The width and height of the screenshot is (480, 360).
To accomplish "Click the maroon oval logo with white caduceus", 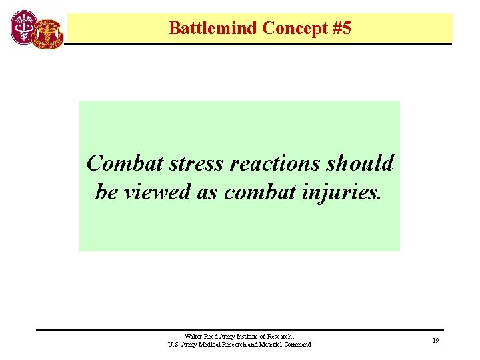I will tap(24, 28).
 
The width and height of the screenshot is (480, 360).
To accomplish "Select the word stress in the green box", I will tap(191, 163).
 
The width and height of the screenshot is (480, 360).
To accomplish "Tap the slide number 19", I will tap(435, 341).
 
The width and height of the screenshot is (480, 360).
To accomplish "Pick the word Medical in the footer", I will tap(211, 345).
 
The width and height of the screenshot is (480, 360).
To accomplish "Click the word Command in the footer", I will tap(298, 345).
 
